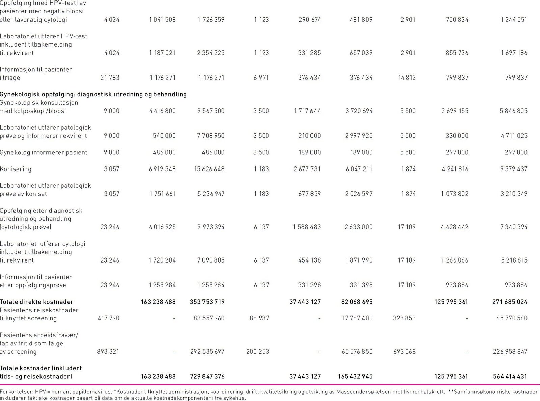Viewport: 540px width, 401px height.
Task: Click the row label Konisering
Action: click(16, 169)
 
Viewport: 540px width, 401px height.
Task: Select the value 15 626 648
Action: click(209, 169)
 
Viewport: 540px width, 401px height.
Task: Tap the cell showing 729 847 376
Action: click(207, 376)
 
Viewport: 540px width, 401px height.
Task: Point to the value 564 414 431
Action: click(510, 376)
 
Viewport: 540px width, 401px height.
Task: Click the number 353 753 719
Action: click(207, 302)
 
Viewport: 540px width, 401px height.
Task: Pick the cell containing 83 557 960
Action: click(209, 318)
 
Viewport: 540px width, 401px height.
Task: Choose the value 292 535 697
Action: click(208, 352)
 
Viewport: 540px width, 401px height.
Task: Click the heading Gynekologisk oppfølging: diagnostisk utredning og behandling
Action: click(93, 94)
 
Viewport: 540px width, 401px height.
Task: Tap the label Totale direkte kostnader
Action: click(36, 302)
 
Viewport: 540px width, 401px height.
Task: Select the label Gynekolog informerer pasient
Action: click(44, 152)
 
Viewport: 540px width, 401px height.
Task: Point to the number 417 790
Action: click(108, 318)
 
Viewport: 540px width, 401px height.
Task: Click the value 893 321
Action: click(108, 352)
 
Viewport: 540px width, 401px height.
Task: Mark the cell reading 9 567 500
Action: click(211, 111)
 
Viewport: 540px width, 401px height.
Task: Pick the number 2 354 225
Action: click(211, 53)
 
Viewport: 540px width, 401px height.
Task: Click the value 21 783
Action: click(110, 78)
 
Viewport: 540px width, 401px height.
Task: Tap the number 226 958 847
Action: click(510, 352)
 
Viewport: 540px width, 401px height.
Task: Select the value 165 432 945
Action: click(355, 376)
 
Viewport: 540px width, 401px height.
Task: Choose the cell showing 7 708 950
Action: click(211, 136)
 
